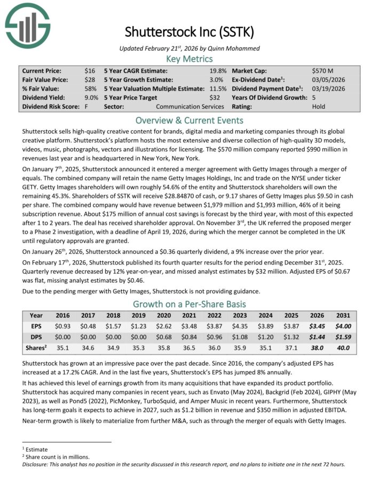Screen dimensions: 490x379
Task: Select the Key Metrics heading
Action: coord(189,59)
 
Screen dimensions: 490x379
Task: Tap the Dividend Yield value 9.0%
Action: coord(91,98)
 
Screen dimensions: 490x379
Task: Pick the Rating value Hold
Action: coord(319,107)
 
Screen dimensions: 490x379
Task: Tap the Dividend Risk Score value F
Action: coord(86,107)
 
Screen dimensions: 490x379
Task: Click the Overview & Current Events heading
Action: coord(189,120)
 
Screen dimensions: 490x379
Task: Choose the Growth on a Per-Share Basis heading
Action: coord(189,304)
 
